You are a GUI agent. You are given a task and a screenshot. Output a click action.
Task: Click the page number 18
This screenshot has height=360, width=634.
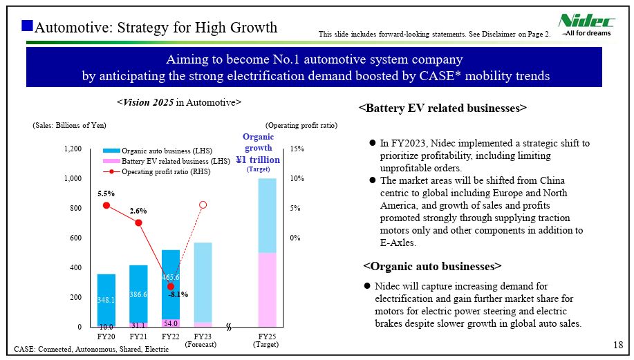click(618, 345)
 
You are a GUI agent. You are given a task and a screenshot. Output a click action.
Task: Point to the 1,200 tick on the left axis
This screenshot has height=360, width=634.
click(73, 149)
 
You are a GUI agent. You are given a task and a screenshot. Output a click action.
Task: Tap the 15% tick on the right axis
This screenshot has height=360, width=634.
click(297, 149)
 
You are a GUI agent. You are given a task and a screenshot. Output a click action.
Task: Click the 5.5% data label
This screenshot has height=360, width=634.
click(106, 193)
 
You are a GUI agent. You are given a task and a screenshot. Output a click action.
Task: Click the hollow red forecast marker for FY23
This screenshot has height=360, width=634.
click(203, 205)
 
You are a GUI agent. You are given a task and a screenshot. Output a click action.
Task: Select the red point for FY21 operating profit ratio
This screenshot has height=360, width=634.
click(138, 222)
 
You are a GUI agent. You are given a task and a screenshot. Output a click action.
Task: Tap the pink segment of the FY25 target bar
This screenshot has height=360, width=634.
click(267, 290)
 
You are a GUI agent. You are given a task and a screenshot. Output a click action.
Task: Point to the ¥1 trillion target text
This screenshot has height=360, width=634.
click(258, 160)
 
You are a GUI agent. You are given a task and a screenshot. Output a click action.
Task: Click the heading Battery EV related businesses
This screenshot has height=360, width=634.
click(443, 108)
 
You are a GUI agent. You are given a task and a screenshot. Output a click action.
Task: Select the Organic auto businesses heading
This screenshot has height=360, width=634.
click(432, 266)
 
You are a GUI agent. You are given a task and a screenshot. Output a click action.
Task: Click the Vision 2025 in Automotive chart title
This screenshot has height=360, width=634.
click(179, 102)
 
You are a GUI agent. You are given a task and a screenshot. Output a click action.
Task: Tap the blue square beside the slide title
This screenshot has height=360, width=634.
click(28, 26)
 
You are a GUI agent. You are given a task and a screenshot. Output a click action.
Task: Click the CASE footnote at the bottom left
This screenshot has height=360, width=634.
click(91, 349)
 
